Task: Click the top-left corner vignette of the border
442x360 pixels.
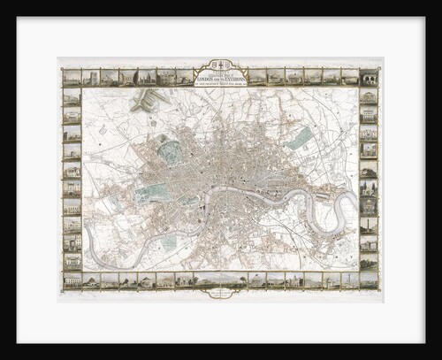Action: [x=72, y=78]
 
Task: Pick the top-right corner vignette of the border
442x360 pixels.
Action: [x=369, y=78]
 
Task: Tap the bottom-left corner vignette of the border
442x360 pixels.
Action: [x=72, y=280]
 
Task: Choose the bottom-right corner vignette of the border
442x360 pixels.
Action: [x=369, y=280]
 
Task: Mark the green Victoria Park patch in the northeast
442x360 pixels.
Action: [x=302, y=137]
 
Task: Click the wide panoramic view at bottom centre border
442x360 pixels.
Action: [x=220, y=280]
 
